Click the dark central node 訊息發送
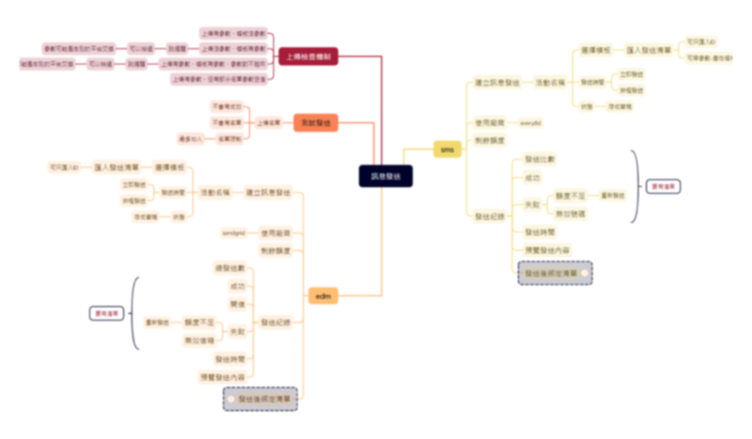(x=385, y=176)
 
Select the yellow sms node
(x=447, y=149)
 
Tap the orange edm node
(x=323, y=296)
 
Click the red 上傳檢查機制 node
(x=308, y=56)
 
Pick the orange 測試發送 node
(x=316, y=123)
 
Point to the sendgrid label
(x=234, y=233)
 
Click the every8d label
(x=530, y=123)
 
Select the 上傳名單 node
(x=269, y=123)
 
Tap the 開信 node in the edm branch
(x=238, y=304)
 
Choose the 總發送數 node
(x=230, y=268)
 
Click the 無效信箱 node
(x=199, y=340)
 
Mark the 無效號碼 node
(x=570, y=214)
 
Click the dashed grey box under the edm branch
(x=260, y=399)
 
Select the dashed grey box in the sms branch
(x=555, y=273)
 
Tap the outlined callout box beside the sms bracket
(x=663, y=186)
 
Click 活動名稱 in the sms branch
(x=550, y=82)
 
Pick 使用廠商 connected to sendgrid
(x=275, y=233)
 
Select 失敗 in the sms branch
(x=533, y=205)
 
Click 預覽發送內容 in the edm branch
(x=222, y=377)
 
